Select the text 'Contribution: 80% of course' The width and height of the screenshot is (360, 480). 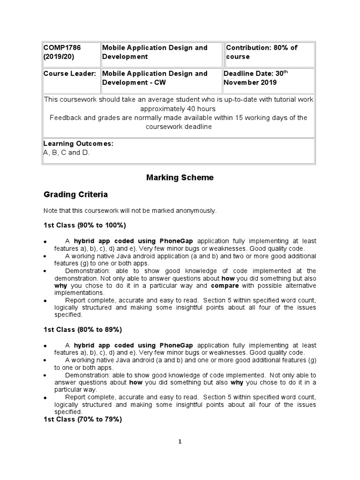[x=262, y=52]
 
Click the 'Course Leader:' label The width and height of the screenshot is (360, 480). [x=70, y=74]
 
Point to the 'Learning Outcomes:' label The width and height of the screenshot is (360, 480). [x=78, y=143]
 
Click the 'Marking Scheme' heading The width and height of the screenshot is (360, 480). [x=180, y=178]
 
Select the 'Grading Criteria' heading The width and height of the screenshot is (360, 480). [x=75, y=194]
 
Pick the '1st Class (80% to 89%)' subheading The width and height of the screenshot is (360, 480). [x=82, y=330]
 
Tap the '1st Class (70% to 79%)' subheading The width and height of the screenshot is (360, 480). [x=82, y=420]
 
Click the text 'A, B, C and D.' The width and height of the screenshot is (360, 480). [x=66, y=152]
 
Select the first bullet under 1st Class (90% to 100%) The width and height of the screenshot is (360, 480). [x=45, y=241]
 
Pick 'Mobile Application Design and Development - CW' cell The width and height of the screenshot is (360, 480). [x=155, y=78]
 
